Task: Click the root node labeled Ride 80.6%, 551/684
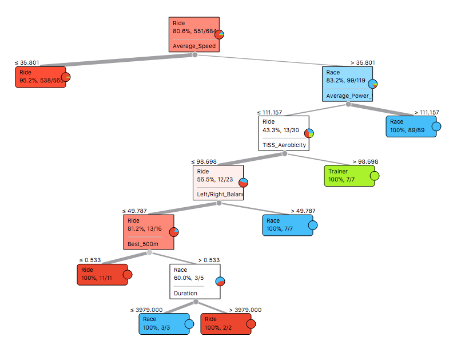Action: point(194,34)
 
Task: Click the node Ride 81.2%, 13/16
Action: point(148,232)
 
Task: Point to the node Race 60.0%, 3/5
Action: point(195,281)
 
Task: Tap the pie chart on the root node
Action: point(219,35)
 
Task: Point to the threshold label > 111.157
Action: point(425,112)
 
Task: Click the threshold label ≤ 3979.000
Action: point(146,310)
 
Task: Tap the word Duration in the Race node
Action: point(186,293)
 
